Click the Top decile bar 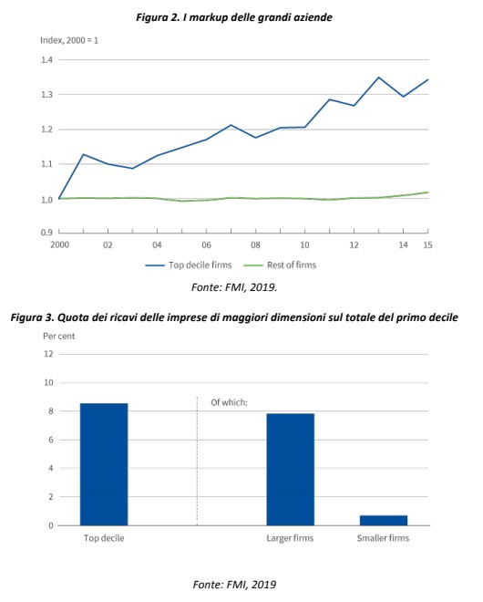pos(104,464)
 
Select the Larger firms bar pos(291,469)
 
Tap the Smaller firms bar pos(384,520)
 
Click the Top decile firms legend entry pos(189,265)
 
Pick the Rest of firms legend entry pos(280,265)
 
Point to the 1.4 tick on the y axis pos(46,60)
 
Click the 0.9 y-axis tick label pos(46,233)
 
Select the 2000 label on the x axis pos(60,245)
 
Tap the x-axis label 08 pos(255,245)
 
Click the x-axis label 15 pos(427,245)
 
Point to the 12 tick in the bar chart pos(48,354)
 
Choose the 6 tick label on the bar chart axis pos(51,440)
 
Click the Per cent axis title pos(59,337)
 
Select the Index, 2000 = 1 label pos(69,40)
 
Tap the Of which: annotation pos(229,402)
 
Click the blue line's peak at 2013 pos(378,78)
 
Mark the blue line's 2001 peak pos(83,154)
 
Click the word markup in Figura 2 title pos(209,17)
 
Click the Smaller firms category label pos(384,538)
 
